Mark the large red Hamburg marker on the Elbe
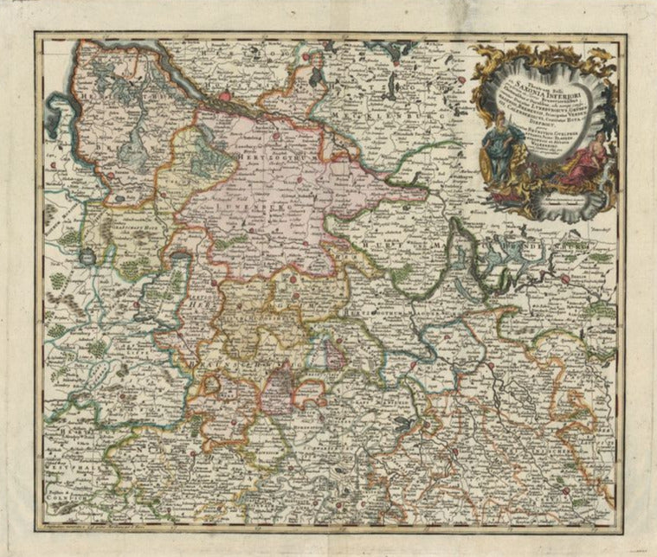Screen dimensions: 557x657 (x=227, y=97)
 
